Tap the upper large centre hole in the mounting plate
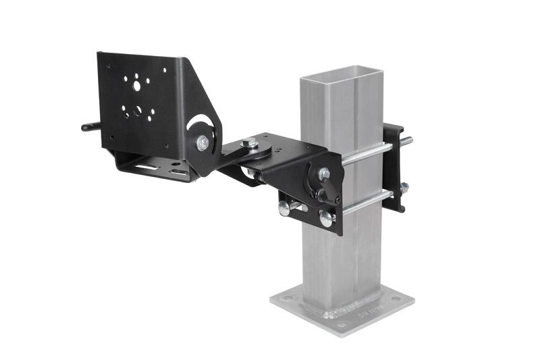[137, 86]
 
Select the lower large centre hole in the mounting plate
[138, 110]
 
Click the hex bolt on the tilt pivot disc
[202, 143]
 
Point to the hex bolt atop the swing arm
[249, 142]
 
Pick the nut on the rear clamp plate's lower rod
[404, 188]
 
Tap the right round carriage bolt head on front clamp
[326, 218]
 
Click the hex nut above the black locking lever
[325, 174]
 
